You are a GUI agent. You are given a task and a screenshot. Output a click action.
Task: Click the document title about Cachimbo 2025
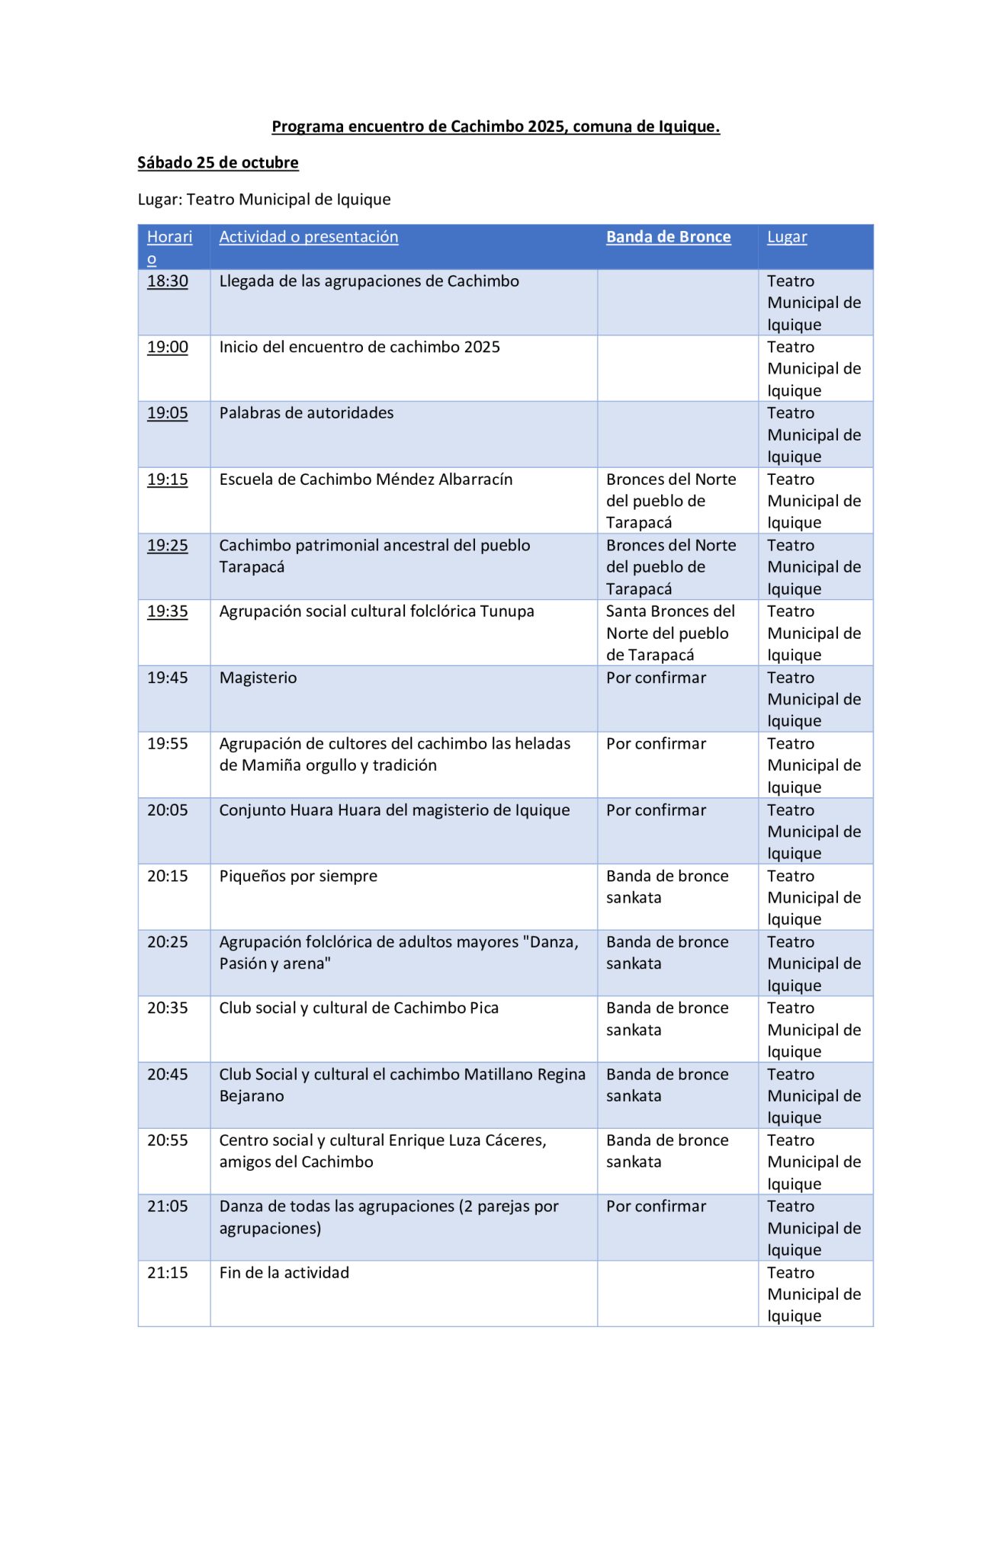tap(496, 127)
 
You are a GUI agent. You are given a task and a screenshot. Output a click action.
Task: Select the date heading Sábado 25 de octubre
tap(218, 162)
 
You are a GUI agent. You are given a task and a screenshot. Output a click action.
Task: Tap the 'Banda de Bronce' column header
tap(668, 237)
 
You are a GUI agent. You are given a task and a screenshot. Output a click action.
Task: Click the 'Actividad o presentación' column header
tap(309, 237)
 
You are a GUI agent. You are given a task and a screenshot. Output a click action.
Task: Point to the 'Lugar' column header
tap(787, 237)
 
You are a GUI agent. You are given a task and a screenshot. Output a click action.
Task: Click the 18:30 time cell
tap(168, 281)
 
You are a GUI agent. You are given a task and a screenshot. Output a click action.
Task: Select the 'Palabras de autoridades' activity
tap(307, 413)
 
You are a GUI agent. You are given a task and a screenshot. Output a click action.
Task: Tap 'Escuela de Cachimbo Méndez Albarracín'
tap(366, 479)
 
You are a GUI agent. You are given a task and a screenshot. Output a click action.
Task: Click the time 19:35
tap(168, 611)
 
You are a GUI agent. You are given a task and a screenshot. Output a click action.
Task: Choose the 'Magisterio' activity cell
tap(258, 678)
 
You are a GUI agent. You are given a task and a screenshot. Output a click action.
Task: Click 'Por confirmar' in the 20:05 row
tap(657, 810)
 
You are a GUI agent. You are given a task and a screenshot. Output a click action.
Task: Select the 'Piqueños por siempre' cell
tap(298, 877)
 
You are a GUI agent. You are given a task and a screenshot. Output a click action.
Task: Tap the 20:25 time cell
tap(168, 942)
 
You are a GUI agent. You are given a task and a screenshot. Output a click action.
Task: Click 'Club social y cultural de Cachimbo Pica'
tap(359, 1008)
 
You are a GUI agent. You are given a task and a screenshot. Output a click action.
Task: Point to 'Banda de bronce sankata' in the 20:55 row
tap(667, 1151)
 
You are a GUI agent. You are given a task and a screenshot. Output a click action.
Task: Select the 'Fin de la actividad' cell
tap(284, 1273)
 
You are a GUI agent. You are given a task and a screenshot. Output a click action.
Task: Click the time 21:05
tap(168, 1207)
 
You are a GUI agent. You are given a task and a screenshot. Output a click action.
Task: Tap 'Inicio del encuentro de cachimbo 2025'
tap(360, 348)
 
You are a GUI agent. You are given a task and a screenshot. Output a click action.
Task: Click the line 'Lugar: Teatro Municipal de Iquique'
tap(264, 200)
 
